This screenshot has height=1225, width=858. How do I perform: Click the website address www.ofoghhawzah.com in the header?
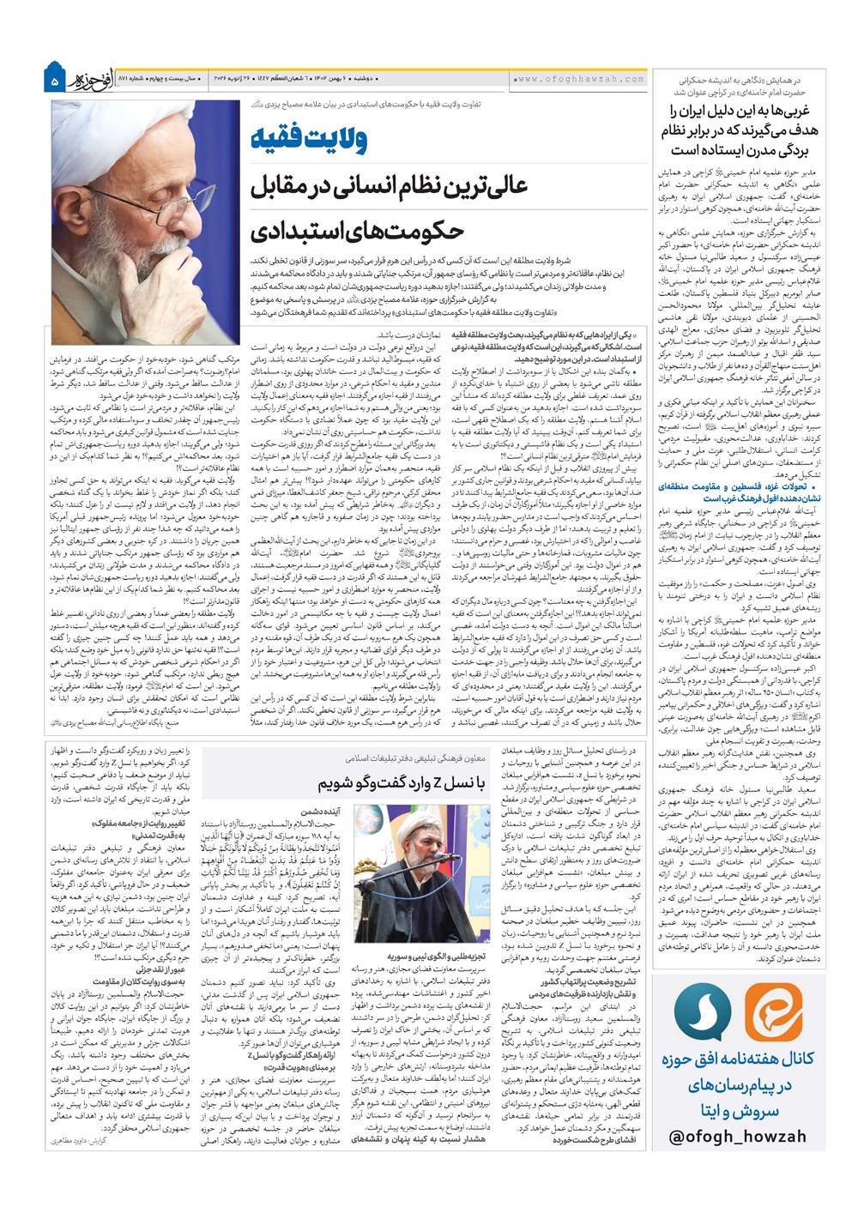579,79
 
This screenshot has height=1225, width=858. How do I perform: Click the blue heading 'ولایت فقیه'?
310,138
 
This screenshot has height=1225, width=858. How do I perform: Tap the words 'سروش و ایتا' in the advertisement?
740,1112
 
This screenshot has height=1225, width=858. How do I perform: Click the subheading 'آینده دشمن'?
323,810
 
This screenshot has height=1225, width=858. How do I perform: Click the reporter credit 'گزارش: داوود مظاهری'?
84,1141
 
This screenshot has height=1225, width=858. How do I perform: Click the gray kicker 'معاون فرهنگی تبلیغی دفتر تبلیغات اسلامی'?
415,758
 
